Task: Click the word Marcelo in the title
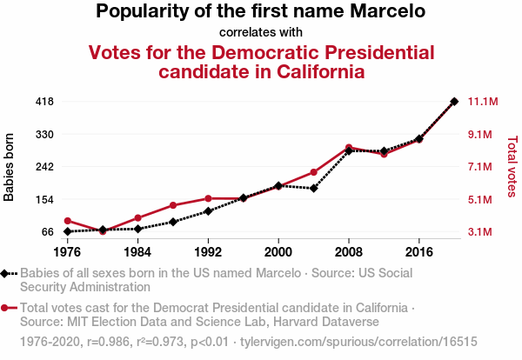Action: [384, 12]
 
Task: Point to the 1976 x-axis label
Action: [67, 251]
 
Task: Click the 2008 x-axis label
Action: [349, 251]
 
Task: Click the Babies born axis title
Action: [10, 167]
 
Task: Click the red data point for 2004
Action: [314, 172]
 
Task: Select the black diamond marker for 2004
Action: [314, 188]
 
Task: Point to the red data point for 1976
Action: [67, 221]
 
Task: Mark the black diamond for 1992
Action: [208, 211]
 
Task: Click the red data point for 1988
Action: [173, 205]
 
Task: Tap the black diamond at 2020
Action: [454, 102]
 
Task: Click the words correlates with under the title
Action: [260, 33]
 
